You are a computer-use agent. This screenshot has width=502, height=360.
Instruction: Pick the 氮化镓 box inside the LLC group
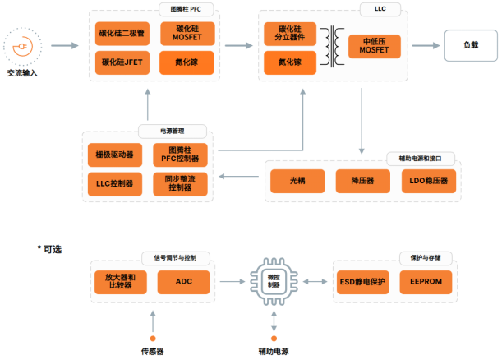[x=290, y=62]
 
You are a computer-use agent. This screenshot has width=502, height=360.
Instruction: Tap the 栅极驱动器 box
[x=114, y=154]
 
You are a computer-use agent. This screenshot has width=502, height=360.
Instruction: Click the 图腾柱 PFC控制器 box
[x=180, y=154]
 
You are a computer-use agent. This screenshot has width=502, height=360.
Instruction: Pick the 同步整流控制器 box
[x=180, y=182]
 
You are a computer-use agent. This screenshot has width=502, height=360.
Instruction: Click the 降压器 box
[x=361, y=181]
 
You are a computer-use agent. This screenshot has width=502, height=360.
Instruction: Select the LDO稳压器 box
[x=426, y=181]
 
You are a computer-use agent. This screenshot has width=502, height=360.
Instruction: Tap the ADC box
[x=184, y=282]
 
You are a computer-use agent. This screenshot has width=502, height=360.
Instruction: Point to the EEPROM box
[x=421, y=282]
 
